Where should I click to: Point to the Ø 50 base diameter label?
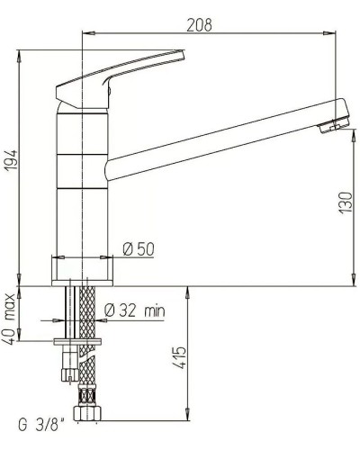[139, 248]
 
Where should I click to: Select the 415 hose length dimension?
[179, 362]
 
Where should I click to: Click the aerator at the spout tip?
[333, 121]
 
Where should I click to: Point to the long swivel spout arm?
[216, 143]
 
